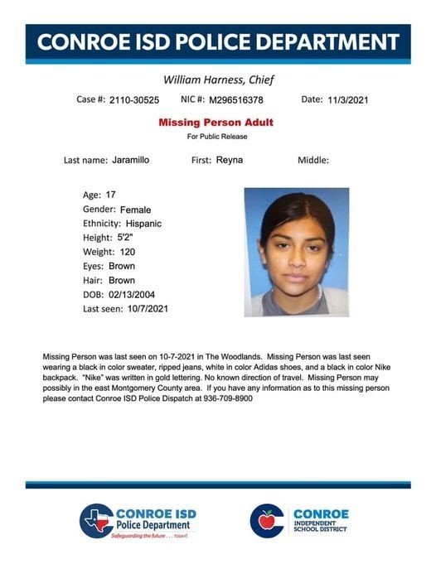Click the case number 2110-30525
133,100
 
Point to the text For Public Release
217,136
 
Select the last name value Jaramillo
131,160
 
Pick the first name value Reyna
229,160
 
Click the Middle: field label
313,160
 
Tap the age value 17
110,195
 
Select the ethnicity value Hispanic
144,224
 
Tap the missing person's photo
296,252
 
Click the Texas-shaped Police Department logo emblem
96,521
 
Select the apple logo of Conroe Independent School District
268,520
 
